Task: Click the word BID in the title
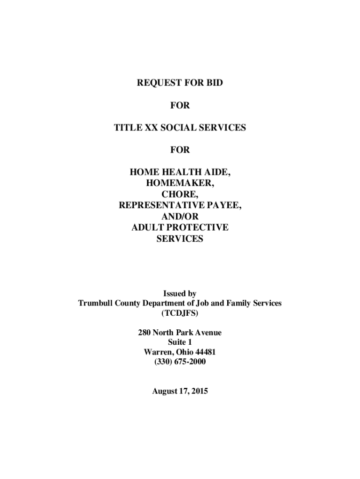coord(214,83)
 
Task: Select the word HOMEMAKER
coord(180,183)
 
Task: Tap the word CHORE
coord(180,195)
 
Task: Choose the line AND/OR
coord(180,217)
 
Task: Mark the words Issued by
coord(180,294)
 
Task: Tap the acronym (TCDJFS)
coord(180,312)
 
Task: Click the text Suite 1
coord(180,342)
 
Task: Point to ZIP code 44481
coord(204,352)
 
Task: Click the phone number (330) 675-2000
coord(180,362)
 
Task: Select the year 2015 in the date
coord(199,391)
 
